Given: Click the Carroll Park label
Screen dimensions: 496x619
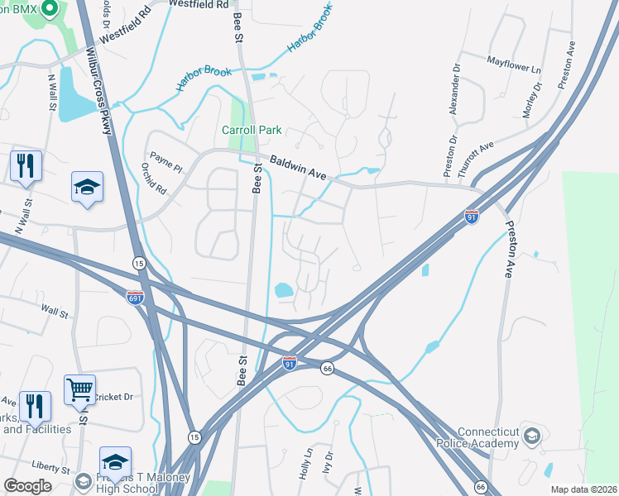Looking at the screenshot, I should point(252,130).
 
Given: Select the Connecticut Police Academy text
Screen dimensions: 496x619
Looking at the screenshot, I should point(488,438).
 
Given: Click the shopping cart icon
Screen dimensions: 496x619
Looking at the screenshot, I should point(79,389).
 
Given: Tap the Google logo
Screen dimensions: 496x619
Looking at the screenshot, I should point(27,486).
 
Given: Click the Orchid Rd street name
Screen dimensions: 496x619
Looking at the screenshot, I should point(154,176).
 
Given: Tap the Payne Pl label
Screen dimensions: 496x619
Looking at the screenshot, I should point(166,160).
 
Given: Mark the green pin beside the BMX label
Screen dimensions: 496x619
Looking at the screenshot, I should point(49,9).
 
